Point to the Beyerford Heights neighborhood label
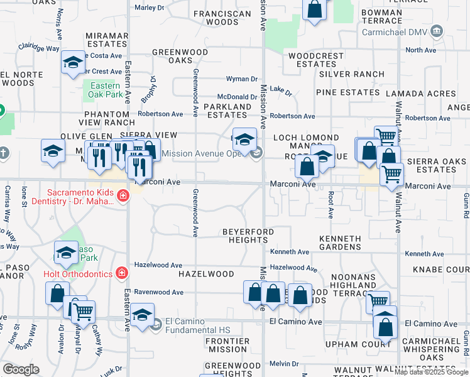point(248,236)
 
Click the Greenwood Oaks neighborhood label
point(180,56)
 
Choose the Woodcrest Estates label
point(316,60)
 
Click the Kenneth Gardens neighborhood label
point(340,243)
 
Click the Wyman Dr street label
point(242,79)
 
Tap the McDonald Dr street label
point(238,97)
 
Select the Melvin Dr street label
point(284,364)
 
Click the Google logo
point(21,369)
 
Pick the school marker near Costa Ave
point(73,62)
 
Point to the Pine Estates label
point(347,92)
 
